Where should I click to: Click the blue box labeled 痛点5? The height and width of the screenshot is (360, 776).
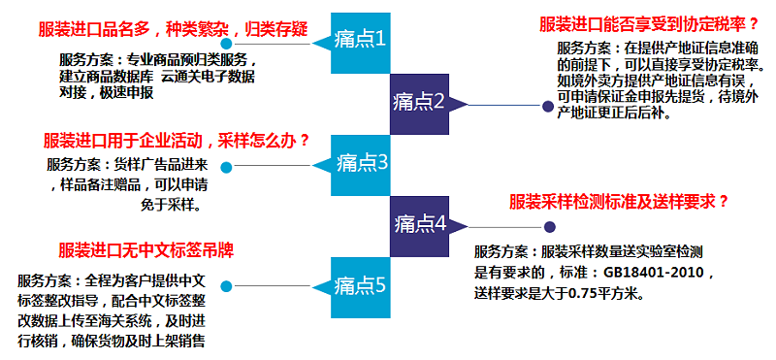[360, 285]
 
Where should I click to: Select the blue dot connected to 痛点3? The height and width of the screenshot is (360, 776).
[226, 166]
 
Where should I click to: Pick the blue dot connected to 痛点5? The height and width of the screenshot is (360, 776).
[226, 287]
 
